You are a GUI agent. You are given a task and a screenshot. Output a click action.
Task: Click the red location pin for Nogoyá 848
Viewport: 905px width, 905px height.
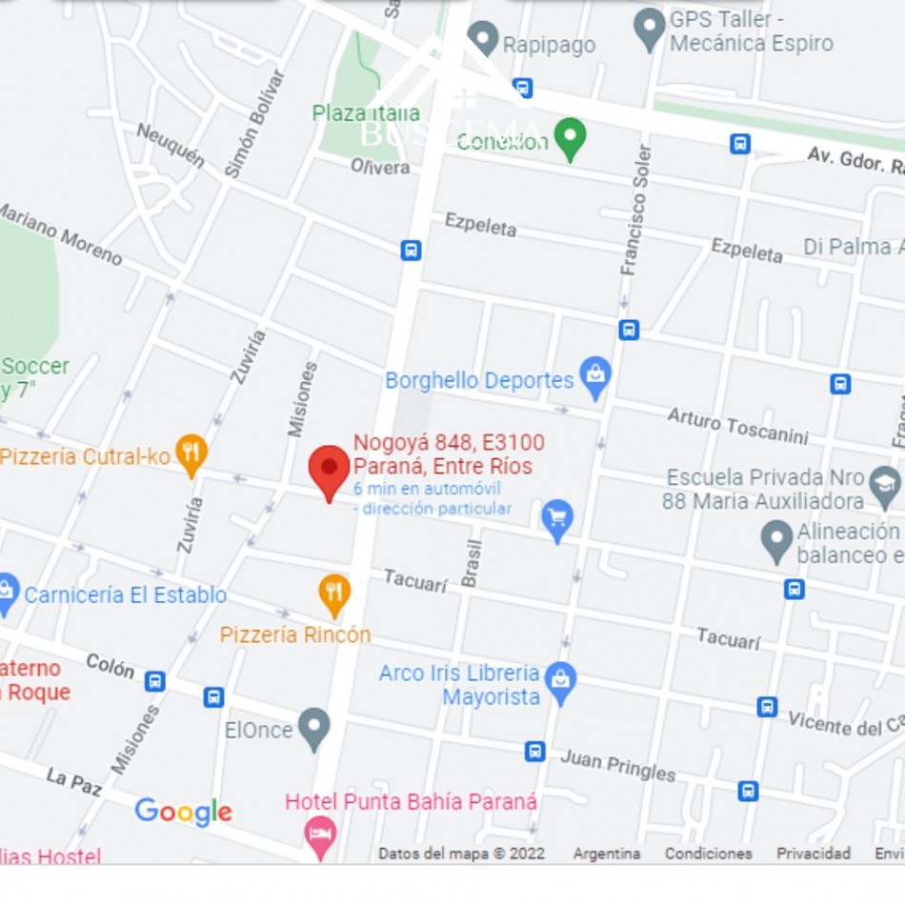(x=330, y=470)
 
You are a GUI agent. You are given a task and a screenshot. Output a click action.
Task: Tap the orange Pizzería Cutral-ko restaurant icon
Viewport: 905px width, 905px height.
(x=191, y=454)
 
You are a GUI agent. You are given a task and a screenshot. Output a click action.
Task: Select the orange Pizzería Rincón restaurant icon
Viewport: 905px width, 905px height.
(x=333, y=593)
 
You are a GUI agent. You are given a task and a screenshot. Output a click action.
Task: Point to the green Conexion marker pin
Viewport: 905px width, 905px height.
(x=570, y=138)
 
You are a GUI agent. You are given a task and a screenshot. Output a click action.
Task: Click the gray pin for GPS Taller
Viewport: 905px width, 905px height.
(x=650, y=29)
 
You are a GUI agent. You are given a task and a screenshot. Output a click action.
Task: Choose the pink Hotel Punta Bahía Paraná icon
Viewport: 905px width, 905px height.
(x=320, y=835)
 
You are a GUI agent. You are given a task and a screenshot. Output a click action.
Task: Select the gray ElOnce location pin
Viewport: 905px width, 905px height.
(x=313, y=728)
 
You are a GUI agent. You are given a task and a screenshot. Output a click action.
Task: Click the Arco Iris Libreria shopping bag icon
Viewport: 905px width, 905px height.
(x=561, y=682)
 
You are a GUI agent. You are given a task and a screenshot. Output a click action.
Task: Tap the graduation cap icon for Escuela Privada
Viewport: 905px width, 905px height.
(x=885, y=486)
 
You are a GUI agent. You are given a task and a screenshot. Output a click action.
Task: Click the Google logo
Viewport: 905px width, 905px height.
(x=183, y=812)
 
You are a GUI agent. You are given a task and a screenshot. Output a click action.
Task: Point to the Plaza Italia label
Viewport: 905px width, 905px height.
(x=366, y=113)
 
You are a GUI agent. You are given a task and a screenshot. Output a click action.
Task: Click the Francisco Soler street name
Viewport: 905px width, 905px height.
(x=636, y=211)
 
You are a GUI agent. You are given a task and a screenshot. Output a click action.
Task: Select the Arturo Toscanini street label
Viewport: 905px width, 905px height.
(x=737, y=426)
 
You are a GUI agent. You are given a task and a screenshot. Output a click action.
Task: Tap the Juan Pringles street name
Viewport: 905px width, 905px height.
(x=617, y=764)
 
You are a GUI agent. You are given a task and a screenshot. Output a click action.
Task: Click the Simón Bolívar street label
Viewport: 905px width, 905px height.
(x=254, y=124)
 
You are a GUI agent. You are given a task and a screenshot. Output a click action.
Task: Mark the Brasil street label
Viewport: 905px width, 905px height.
(x=473, y=562)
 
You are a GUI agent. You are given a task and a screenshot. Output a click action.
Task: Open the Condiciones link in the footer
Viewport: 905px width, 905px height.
(x=708, y=854)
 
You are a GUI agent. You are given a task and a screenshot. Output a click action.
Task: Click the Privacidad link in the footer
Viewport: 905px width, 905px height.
(x=813, y=854)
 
